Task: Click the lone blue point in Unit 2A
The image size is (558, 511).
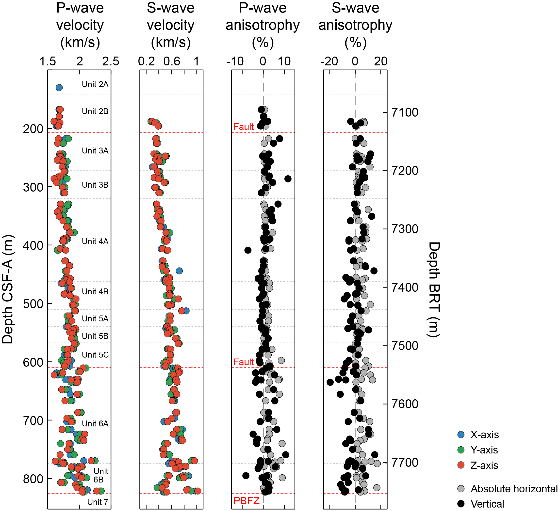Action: pyautogui.click(x=59, y=88)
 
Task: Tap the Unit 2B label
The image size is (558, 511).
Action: pyautogui.click(x=95, y=111)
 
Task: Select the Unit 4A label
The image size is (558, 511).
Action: pyautogui.click(x=95, y=241)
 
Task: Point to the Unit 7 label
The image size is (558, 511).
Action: pyautogui.click(x=98, y=502)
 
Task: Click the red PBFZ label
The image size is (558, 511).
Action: pyautogui.click(x=246, y=501)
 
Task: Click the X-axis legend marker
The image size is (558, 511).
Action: pyautogui.click(x=461, y=435)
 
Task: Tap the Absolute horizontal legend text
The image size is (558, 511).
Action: pyautogui.click(x=514, y=489)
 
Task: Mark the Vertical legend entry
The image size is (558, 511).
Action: pyautogui.click(x=487, y=504)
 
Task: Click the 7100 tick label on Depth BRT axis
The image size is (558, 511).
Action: pyautogui.click(x=405, y=113)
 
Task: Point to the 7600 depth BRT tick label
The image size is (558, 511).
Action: pyautogui.click(x=405, y=404)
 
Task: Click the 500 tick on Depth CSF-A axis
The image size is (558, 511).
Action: pyautogui.click(x=33, y=304)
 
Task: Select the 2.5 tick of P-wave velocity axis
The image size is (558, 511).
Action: pyautogui.click(x=111, y=61)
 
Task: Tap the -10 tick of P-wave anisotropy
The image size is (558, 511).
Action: pyautogui.click(x=235, y=61)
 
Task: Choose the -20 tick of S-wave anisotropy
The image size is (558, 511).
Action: pyautogui.click(x=329, y=61)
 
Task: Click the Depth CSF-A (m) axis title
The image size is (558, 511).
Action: pyautogui.click(x=7, y=289)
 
